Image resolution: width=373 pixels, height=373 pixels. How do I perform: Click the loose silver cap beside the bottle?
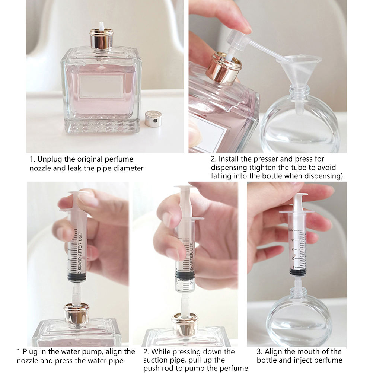pos(153,118)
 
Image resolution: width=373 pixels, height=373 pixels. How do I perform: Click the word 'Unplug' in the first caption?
pos(49,159)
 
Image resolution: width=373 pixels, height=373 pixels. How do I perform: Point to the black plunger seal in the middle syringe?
pos(185,275)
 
